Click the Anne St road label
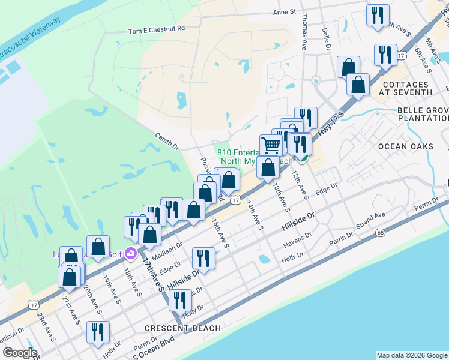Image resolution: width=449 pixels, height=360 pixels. tap(285, 12)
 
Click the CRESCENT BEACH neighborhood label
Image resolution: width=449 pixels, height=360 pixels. tap(182, 328)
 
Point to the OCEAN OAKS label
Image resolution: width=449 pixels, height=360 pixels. tap(405, 146)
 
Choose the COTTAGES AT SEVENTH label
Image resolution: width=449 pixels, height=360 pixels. tap(406, 88)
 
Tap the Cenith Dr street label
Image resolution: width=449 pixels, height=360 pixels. tap(167, 142)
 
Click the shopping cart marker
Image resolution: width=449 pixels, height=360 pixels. tap(271, 145)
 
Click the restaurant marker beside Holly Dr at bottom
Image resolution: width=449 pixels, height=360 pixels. tap(97, 332)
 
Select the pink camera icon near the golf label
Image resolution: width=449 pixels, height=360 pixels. tap(130, 254)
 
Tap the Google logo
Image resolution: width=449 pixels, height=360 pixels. tap(20, 353)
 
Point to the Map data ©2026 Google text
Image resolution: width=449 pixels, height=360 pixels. tap(411, 355)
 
